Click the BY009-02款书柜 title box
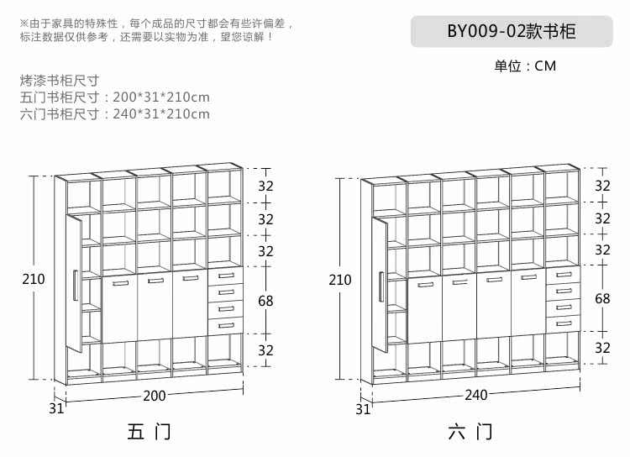pos(511,31)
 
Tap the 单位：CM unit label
pos(525,66)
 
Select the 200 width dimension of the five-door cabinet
pos(155,395)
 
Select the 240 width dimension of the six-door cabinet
pos(475,395)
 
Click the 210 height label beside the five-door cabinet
pos(34,279)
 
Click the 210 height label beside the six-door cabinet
pos(340,280)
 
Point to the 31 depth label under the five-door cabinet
pos(56,409)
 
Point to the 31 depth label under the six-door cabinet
pos(363,409)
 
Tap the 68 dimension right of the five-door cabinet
pos(265,300)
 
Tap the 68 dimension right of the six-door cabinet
pos(602,299)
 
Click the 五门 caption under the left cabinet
pos(149,433)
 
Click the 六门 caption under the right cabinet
pos(470,433)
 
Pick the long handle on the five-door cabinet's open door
pos(75,285)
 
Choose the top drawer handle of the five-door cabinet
pos(224,276)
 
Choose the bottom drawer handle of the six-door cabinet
pos(562,323)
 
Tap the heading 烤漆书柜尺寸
pos(59,81)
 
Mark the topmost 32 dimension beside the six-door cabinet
pos(602,186)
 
